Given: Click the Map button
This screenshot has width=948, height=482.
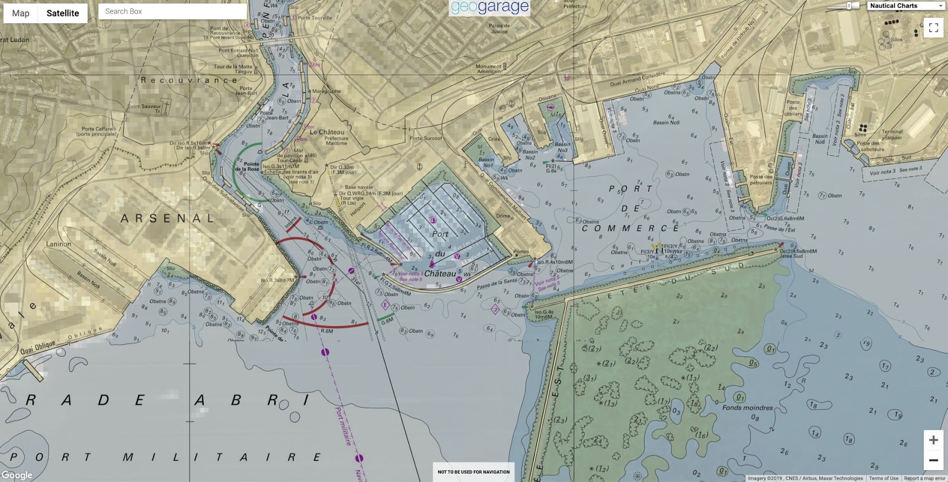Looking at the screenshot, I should [21, 13].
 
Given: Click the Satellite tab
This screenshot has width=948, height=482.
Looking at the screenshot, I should [63, 13].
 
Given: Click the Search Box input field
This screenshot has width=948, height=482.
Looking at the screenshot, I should [172, 11].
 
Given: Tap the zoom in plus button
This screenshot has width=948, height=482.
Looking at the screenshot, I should [933, 440].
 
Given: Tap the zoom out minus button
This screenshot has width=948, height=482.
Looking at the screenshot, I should [933, 460].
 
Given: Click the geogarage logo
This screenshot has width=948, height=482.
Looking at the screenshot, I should [489, 7].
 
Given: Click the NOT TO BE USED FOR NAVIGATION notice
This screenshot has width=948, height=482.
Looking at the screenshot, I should [473, 472].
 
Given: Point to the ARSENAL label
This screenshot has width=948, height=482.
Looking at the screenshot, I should [168, 218].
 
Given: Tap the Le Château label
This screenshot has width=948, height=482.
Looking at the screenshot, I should [326, 132].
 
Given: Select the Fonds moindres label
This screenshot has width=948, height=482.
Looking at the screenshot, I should [747, 407].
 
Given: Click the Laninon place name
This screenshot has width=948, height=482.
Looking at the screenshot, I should [59, 244].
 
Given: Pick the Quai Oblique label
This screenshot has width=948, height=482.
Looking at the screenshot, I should [38, 347].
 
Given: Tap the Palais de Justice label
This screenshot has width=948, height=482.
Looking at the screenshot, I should [499, 28].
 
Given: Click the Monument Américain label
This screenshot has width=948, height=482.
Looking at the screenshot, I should [489, 69].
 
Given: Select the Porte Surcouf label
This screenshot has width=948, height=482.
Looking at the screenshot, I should [426, 138].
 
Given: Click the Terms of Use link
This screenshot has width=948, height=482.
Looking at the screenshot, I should [883, 478].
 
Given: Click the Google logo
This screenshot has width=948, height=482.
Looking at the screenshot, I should [17, 475].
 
